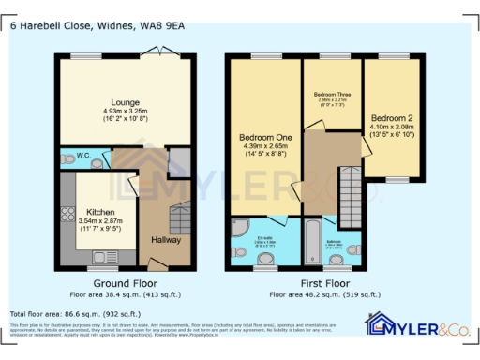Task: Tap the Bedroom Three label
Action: tap(332, 95)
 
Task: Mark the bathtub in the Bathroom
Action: tap(312, 238)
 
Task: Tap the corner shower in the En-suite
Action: tap(238, 229)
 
